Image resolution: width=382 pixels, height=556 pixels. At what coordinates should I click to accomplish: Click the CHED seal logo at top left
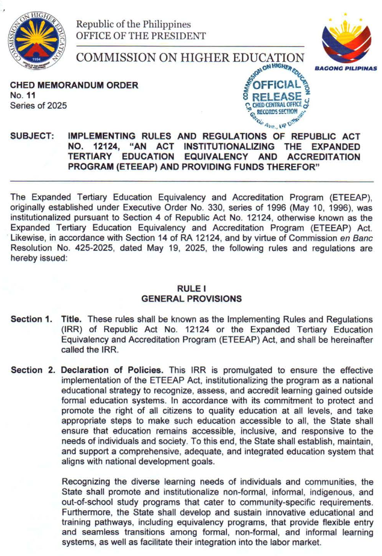pyautogui.click(x=37, y=43)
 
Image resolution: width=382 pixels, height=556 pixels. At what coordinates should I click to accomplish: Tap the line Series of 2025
pyautogui.click(x=39, y=107)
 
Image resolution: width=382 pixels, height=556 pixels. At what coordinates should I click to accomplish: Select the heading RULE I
pyautogui.click(x=191, y=289)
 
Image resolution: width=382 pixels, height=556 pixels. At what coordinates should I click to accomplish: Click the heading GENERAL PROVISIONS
pyautogui.click(x=191, y=299)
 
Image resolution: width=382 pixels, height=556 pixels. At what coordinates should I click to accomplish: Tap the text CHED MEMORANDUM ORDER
pyautogui.click(x=75, y=85)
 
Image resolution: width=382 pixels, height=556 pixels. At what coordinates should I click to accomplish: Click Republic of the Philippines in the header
pyautogui.click(x=133, y=25)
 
